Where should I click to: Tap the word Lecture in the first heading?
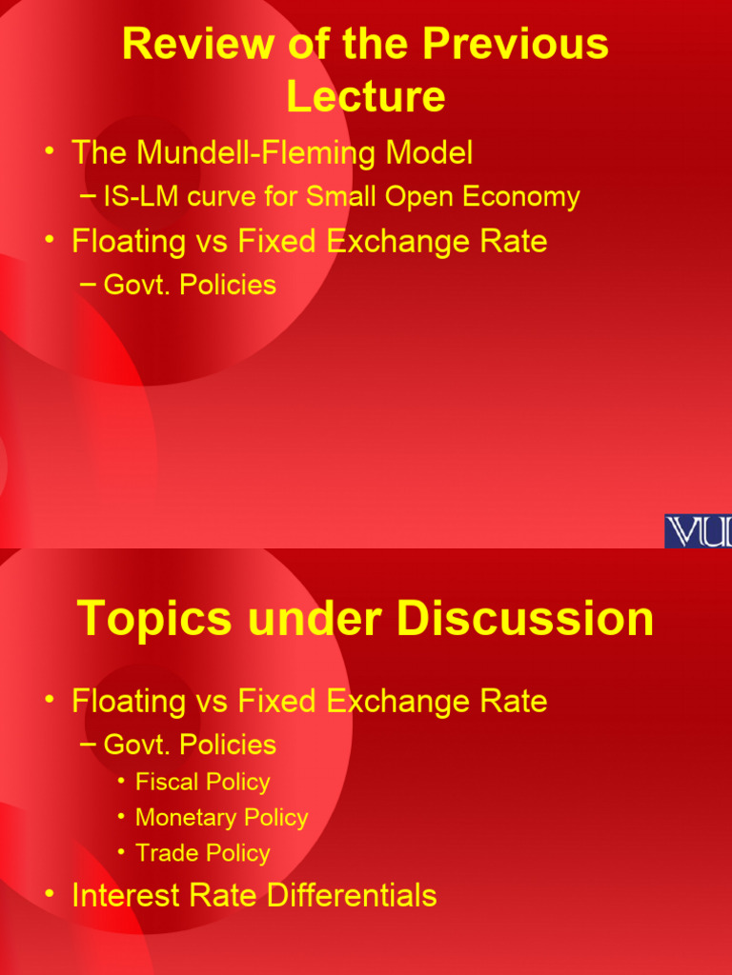click(366, 96)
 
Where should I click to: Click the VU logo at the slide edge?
click(698, 530)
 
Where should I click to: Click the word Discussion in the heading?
click(526, 618)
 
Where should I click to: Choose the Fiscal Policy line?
click(202, 782)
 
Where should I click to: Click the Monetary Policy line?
click(221, 817)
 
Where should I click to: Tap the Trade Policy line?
click(202, 853)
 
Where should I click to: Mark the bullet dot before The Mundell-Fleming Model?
click(49, 150)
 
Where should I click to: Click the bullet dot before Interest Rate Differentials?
click(49, 893)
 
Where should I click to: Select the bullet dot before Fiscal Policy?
click(121, 782)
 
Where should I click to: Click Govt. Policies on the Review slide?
click(190, 285)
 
